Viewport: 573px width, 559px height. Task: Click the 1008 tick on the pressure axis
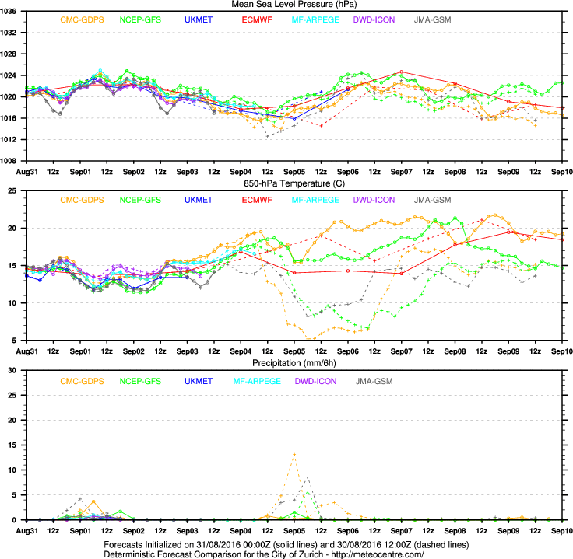click(x=13, y=161)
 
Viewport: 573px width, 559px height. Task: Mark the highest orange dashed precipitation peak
click(x=294, y=454)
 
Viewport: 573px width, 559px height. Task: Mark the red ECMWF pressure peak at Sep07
click(x=401, y=72)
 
